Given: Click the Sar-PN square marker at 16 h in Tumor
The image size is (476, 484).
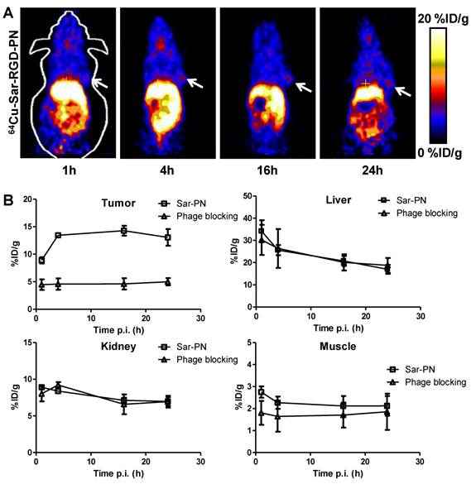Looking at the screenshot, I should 123,231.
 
